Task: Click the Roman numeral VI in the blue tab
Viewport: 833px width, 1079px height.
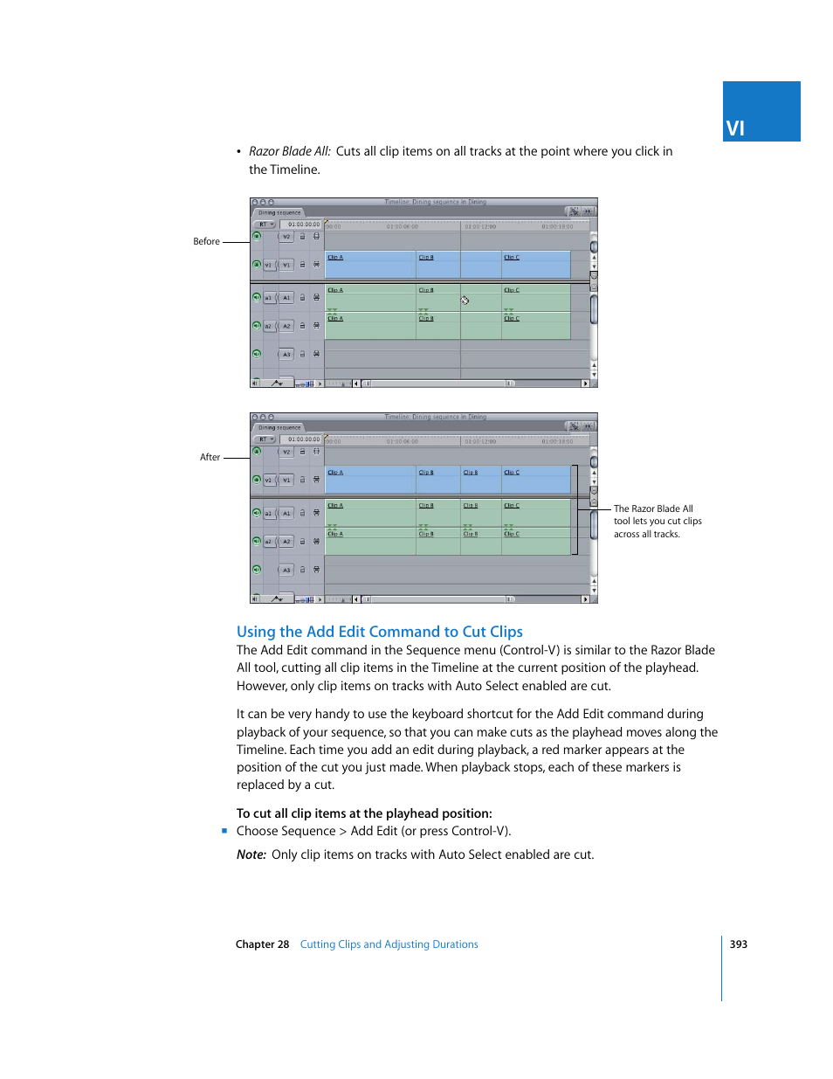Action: click(x=735, y=128)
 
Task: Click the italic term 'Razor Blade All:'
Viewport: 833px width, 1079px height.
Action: click(x=289, y=151)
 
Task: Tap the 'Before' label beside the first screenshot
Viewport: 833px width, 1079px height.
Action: click(x=206, y=241)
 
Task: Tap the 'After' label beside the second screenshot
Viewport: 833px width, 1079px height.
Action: click(x=210, y=457)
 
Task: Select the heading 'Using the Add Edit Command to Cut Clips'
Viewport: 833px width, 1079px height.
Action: click(x=379, y=632)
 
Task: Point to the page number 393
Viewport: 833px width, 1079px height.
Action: click(x=738, y=944)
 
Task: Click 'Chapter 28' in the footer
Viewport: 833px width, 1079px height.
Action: click(x=262, y=944)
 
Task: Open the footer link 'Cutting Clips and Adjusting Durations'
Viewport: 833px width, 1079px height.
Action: click(x=389, y=944)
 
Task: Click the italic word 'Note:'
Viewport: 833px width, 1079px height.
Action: click(x=251, y=854)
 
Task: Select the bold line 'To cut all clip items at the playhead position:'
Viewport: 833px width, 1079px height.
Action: click(x=364, y=813)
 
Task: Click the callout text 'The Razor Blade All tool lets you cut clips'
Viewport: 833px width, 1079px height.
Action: click(x=657, y=521)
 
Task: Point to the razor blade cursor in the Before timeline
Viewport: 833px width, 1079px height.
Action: click(x=465, y=301)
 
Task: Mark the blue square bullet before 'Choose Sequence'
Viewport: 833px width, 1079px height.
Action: click(x=224, y=831)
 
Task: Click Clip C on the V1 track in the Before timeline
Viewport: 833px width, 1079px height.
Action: click(x=512, y=258)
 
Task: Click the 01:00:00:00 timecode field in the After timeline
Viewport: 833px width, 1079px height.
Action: click(x=303, y=439)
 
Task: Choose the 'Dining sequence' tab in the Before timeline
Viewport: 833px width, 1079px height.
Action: click(x=279, y=212)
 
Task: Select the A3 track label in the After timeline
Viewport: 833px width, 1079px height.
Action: click(x=286, y=570)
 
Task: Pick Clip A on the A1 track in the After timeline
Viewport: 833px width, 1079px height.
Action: click(x=335, y=506)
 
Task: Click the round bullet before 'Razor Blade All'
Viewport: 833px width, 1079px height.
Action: click(x=238, y=152)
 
